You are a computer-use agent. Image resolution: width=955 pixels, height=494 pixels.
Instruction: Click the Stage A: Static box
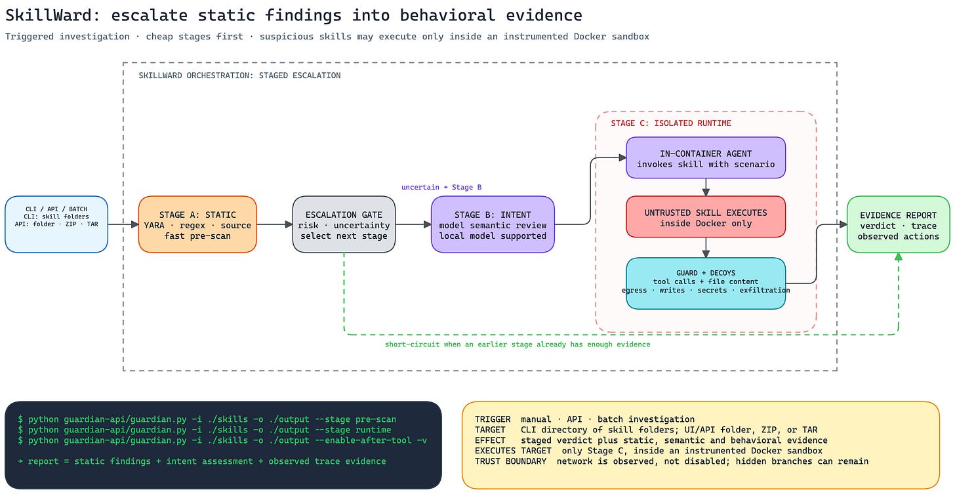coord(197,224)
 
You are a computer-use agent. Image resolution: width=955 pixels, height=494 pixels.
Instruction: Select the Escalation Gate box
coord(344,224)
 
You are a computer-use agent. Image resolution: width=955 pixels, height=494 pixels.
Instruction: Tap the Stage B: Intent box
coord(493,224)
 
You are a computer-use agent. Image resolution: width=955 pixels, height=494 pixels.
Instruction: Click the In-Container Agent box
coord(706,158)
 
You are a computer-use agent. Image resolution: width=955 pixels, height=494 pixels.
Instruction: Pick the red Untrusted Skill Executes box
coord(706,216)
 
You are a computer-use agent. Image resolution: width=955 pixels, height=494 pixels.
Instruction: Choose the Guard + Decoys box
coord(706,283)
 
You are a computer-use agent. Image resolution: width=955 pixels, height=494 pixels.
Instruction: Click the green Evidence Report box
coord(898,224)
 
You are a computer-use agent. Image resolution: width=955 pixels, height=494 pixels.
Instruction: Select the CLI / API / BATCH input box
coord(56,224)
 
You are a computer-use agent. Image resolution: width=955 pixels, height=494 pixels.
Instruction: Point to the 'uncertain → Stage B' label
coord(441,187)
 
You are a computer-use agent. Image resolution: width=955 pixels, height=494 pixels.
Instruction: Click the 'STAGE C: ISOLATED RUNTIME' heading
coord(670,123)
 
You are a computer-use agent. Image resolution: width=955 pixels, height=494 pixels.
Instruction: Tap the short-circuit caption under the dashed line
coord(518,344)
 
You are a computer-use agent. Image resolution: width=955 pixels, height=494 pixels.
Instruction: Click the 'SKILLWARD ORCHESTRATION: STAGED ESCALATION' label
coord(239,75)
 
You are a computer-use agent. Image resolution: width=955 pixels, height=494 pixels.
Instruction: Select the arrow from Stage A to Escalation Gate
coord(275,224)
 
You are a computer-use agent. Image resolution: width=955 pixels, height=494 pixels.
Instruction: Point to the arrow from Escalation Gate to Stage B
coord(413,224)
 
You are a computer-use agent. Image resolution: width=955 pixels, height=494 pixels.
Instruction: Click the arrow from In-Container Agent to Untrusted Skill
coord(706,187)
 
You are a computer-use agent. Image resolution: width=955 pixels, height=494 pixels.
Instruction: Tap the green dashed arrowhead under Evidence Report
coord(899,257)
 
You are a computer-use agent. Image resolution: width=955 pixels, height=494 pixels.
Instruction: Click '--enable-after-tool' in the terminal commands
coord(363,440)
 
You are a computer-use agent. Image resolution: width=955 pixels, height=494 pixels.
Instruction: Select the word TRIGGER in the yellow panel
coord(493,419)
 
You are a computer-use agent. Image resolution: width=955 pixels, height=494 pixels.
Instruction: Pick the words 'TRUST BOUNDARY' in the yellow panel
coord(510,461)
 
